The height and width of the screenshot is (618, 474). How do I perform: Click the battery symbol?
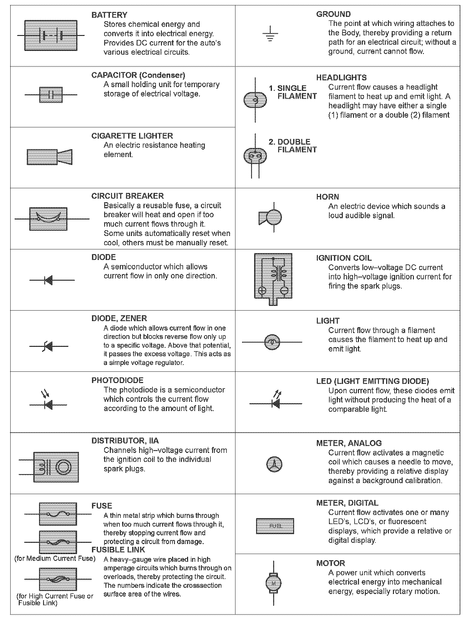(51, 35)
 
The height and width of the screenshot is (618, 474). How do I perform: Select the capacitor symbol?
(51, 95)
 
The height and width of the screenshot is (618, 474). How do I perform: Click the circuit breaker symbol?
(48, 219)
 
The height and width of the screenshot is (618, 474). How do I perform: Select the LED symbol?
(276, 401)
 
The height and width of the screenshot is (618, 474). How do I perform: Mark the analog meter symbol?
(274, 464)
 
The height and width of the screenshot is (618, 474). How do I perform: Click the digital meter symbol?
(275, 526)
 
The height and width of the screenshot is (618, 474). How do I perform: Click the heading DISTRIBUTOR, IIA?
(125, 441)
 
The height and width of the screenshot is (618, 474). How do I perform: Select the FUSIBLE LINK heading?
(118, 550)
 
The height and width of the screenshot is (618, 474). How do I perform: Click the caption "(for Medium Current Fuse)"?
(55, 558)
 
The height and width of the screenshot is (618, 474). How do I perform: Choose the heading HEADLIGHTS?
(341, 78)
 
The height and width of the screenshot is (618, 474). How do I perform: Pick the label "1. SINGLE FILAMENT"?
(293, 92)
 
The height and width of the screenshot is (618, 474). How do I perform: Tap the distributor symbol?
(56, 467)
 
